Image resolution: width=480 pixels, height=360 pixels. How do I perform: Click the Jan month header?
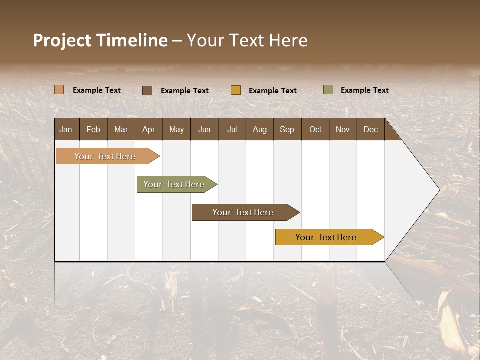(66, 130)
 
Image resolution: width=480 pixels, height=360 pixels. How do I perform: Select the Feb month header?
(93, 130)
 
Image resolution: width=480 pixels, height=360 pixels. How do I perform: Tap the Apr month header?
(148, 130)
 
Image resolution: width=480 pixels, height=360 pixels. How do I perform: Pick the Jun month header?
(204, 130)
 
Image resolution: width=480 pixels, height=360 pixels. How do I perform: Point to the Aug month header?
(259, 130)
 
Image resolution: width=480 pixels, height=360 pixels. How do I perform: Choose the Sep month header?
(287, 130)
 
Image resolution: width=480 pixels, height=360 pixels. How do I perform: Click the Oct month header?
(315, 130)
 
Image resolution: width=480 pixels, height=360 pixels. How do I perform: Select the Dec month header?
(370, 130)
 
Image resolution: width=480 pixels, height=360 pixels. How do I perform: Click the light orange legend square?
(59, 90)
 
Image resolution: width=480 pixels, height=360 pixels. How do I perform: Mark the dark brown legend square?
(147, 90)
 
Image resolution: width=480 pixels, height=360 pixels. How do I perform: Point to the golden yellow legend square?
(236, 90)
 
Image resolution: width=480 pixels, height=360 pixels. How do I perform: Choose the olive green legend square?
(328, 90)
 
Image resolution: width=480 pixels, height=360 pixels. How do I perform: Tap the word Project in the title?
(62, 40)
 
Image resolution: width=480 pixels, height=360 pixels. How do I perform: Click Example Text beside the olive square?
(364, 90)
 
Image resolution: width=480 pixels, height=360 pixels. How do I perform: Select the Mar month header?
(121, 130)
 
